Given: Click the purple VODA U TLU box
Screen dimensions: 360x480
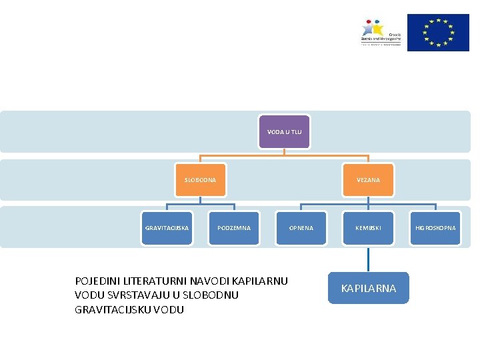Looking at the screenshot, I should click(284, 132).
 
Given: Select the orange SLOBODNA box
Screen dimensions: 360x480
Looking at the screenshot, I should click(200, 180).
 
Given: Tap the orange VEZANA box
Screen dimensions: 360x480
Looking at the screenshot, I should click(368, 180).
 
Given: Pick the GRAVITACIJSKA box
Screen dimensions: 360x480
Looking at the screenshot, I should click(167, 228).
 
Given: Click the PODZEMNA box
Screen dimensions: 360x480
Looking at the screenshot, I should click(234, 228).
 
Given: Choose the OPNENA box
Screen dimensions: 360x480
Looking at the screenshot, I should click(301, 228).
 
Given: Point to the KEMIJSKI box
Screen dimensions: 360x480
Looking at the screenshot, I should click(368, 228).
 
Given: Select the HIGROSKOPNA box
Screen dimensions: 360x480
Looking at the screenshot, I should click(435, 228).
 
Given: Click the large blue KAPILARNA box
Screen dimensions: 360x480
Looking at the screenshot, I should click(368, 288).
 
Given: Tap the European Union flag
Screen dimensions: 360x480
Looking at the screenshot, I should click(438, 32).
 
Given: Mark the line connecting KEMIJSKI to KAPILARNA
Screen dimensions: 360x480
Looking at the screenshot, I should click(368, 259).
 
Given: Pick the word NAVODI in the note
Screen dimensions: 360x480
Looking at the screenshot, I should click(212, 281).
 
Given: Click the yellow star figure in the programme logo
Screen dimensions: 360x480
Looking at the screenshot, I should click(378, 28).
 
